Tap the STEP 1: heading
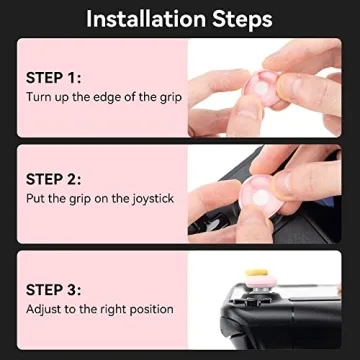click(x=54, y=76)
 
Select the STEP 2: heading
click(x=55, y=179)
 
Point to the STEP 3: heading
click(x=55, y=288)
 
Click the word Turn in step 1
click(x=39, y=98)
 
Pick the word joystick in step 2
click(x=150, y=199)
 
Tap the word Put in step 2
click(x=36, y=199)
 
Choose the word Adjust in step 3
click(x=44, y=309)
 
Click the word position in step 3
click(x=150, y=309)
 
